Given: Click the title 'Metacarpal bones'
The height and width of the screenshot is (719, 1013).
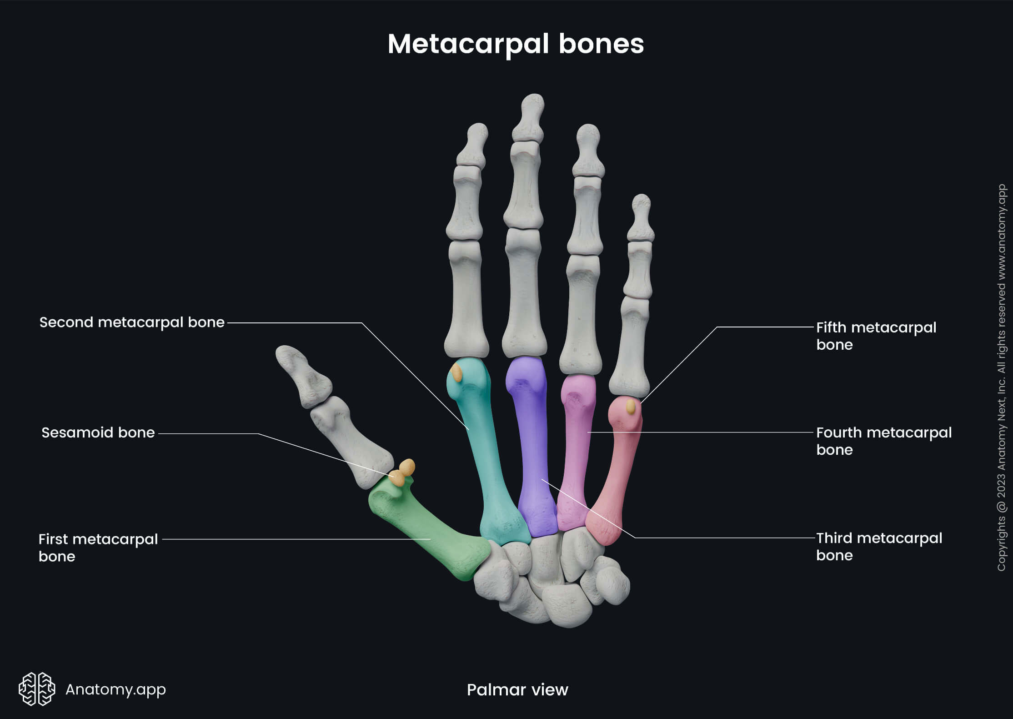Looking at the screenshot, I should tap(516, 44).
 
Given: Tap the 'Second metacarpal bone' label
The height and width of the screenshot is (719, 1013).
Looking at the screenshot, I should tap(132, 322).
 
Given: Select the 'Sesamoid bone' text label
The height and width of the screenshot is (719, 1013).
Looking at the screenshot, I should tap(98, 432).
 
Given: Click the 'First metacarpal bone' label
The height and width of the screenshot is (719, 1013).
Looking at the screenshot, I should tap(98, 548).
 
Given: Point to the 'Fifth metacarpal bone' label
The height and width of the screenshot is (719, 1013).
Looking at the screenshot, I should tap(876, 336).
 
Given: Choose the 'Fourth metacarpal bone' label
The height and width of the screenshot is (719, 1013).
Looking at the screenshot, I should tap(883, 441).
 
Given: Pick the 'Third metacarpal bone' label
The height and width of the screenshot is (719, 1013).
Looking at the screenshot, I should tap(879, 546).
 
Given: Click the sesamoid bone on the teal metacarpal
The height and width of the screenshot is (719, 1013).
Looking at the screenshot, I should tap(456, 373).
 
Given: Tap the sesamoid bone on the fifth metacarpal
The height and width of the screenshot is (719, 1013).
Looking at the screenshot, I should tap(631, 406).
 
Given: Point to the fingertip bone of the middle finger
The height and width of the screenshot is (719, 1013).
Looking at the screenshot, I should tap(530, 118).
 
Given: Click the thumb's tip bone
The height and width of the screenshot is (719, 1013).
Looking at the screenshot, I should tap(302, 373).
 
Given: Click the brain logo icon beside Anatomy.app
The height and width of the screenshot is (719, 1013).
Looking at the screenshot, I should tap(36, 689).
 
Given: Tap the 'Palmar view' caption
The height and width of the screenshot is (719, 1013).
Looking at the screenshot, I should tap(517, 690).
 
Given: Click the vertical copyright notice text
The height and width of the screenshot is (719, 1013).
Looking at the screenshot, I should tap(1001, 377).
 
